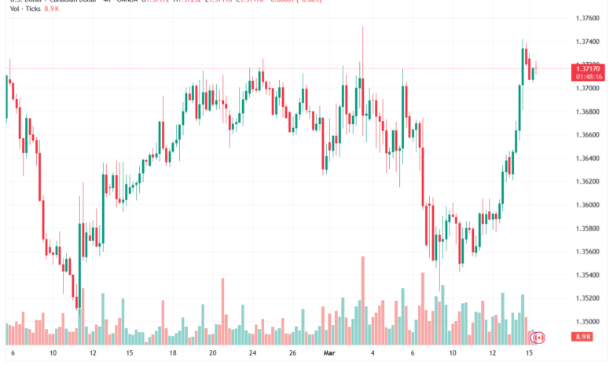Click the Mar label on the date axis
click(329, 354)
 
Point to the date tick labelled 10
click(53, 354)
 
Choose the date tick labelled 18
click(173, 354)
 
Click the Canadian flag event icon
click(538, 338)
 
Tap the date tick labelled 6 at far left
click(12, 354)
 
